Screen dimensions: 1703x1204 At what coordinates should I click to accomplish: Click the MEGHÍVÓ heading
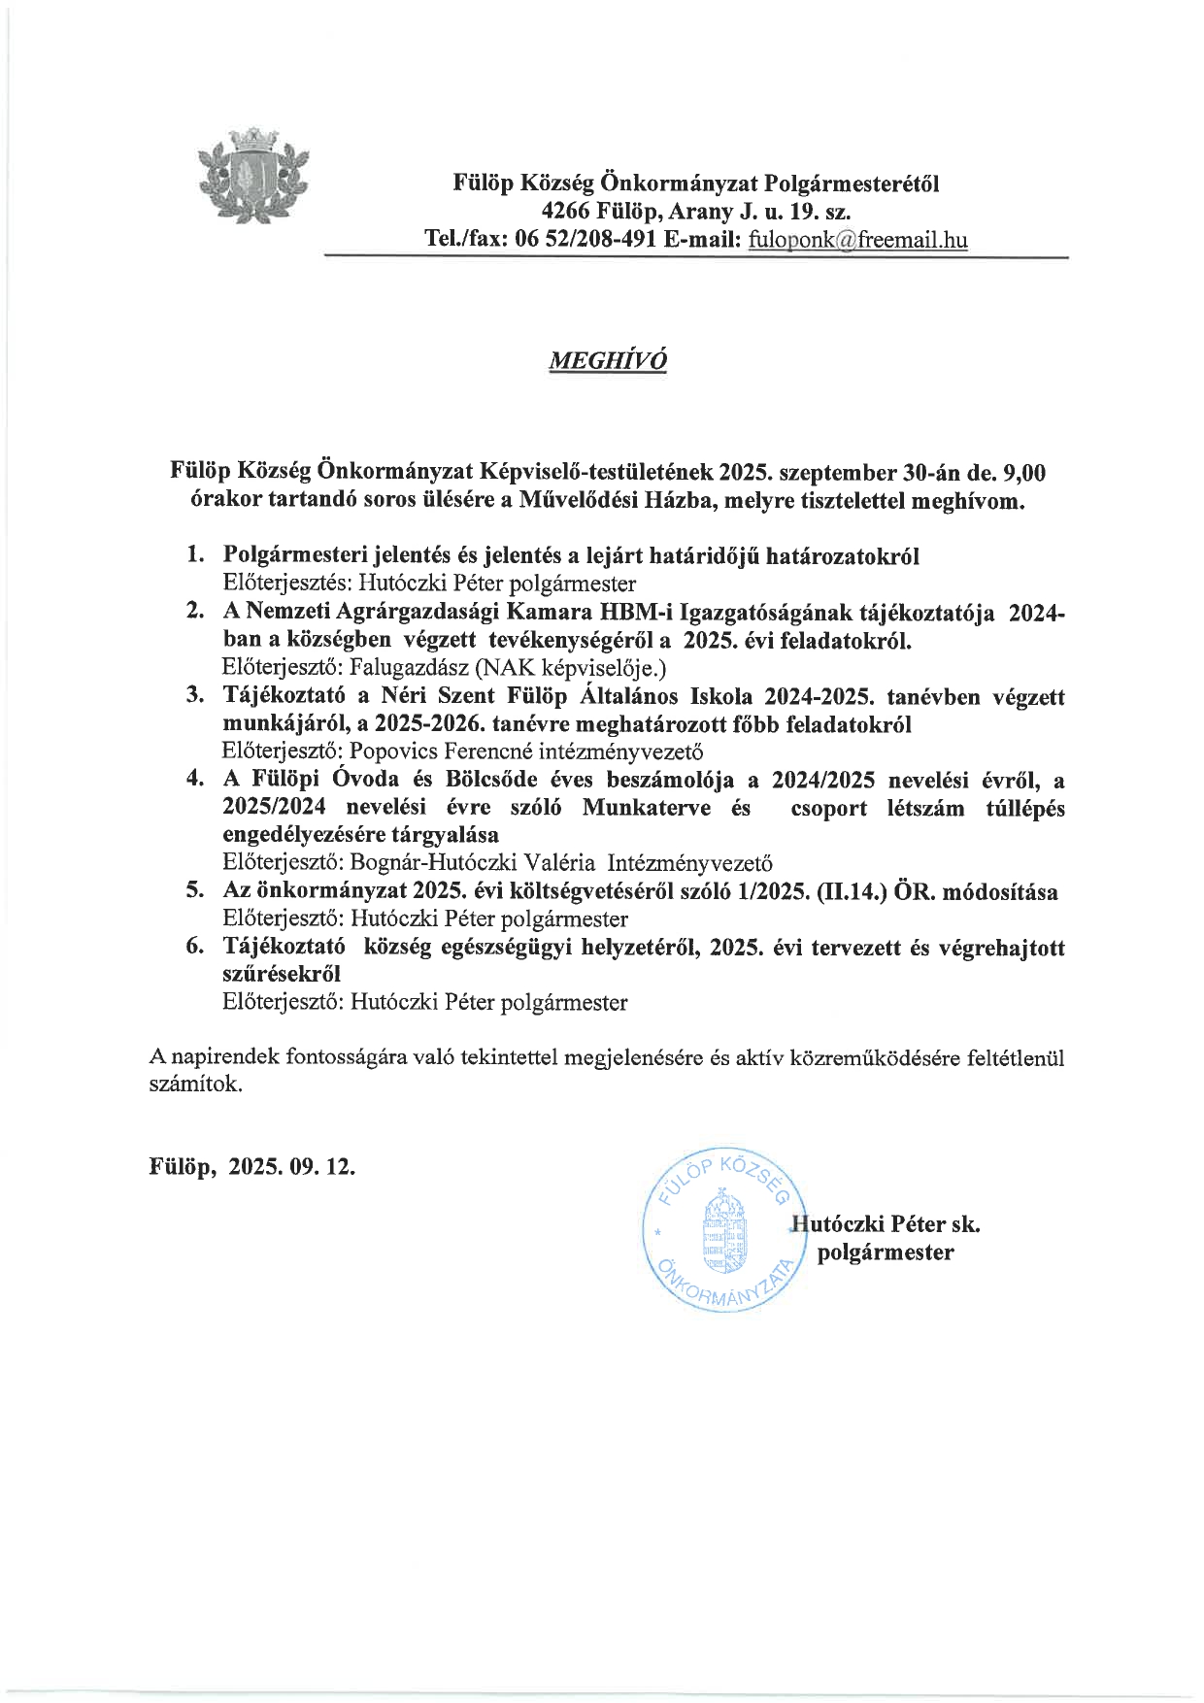pos(609,360)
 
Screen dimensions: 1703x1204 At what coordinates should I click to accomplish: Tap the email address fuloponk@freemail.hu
pos(857,240)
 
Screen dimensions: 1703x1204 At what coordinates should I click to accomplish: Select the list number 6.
pos(195,948)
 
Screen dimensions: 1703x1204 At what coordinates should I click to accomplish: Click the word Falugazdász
pos(404,668)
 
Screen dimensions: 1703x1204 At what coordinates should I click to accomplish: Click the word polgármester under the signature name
pos(886,1252)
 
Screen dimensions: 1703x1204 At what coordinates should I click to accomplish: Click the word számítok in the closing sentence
pos(193,1085)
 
